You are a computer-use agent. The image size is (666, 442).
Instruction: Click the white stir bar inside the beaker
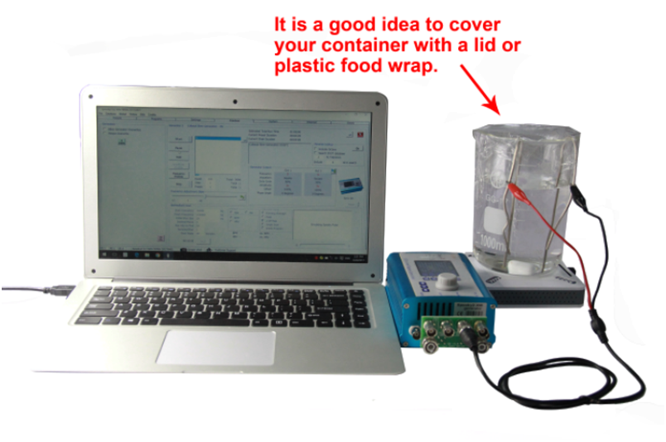click(x=520, y=267)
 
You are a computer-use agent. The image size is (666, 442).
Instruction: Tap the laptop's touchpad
click(x=216, y=346)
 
